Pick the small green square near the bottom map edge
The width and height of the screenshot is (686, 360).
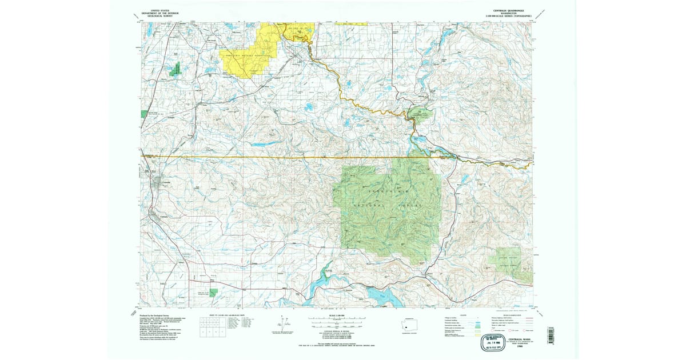[x=213, y=293]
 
